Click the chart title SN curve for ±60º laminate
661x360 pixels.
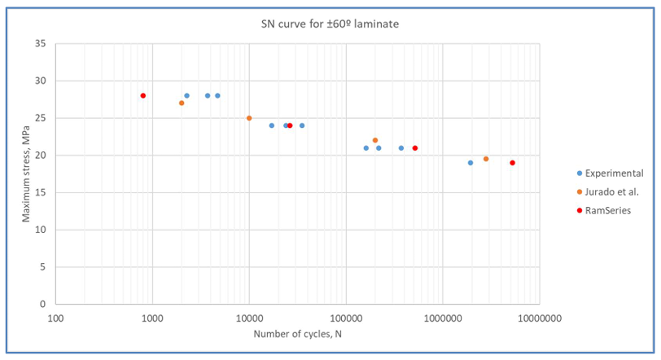(324, 24)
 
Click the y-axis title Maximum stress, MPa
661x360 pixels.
(26, 173)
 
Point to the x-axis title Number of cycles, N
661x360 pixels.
(297, 334)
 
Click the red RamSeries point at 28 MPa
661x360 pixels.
(142, 96)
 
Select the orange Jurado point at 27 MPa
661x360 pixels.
(182, 103)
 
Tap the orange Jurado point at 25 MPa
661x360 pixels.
(249, 118)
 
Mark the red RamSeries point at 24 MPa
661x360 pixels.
(290, 125)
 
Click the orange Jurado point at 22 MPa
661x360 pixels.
(375, 140)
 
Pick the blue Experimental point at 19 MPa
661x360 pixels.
(471, 163)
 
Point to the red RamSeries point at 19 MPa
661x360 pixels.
(512, 163)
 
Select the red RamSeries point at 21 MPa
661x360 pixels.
(415, 148)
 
